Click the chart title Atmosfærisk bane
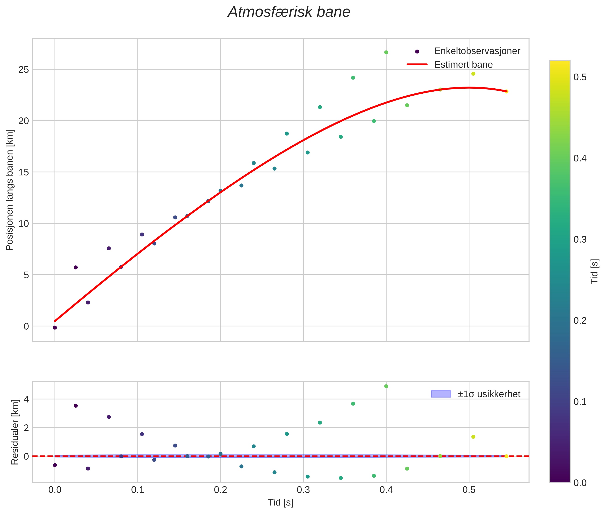coord(289,12)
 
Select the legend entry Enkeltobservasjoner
coord(477,51)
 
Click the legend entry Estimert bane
coord(463,65)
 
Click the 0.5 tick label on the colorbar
coord(580,77)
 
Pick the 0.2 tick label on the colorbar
coord(580,321)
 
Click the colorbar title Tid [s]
coord(595,271)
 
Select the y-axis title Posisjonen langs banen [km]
coord(10,190)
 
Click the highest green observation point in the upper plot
coord(386,52)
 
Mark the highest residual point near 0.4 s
coord(386,386)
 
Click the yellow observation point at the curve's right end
coord(506,92)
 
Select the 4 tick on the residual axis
coord(26,399)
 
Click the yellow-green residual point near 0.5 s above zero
coord(473,437)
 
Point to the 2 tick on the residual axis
coord(26,428)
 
